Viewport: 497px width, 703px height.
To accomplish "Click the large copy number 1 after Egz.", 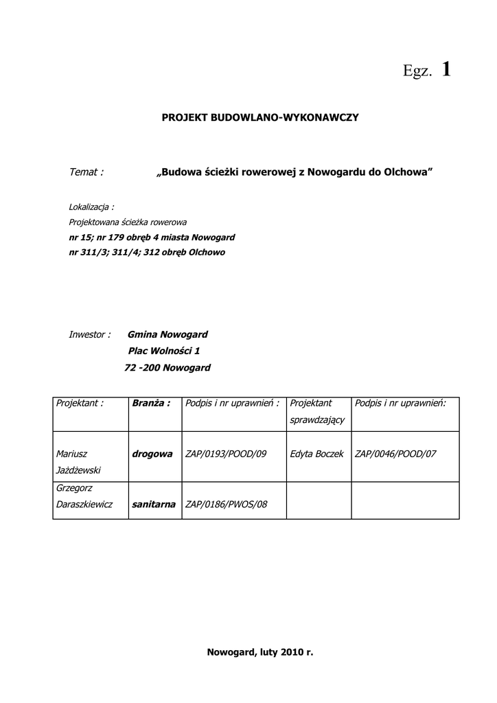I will [x=446, y=69].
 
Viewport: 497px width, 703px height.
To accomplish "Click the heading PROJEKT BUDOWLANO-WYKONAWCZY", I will [x=260, y=118].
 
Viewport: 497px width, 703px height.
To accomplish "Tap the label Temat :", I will [x=86, y=172].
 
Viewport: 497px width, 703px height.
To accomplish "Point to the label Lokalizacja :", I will [x=91, y=207].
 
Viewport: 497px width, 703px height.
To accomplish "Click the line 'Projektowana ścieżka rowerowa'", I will [x=128, y=222].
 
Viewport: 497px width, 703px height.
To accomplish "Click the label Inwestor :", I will [x=89, y=334].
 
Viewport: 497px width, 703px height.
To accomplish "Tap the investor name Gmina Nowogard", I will [x=167, y=334].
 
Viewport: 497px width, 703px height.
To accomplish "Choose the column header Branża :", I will [x=151, y=403].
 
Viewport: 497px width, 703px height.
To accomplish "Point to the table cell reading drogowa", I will [x=152, y=454].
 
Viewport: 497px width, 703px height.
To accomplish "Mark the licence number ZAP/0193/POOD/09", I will [x=226, y=454].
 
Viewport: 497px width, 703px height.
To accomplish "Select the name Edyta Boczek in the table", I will [x=316, y=454].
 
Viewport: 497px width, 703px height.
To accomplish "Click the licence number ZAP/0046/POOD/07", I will [x=395, y=454].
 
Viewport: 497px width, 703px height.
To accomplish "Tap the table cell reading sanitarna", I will [x=153, y=505].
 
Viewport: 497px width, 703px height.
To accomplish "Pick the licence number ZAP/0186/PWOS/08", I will [x=226, y=505].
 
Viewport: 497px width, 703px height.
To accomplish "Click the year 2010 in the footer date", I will [x=291, y=652].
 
